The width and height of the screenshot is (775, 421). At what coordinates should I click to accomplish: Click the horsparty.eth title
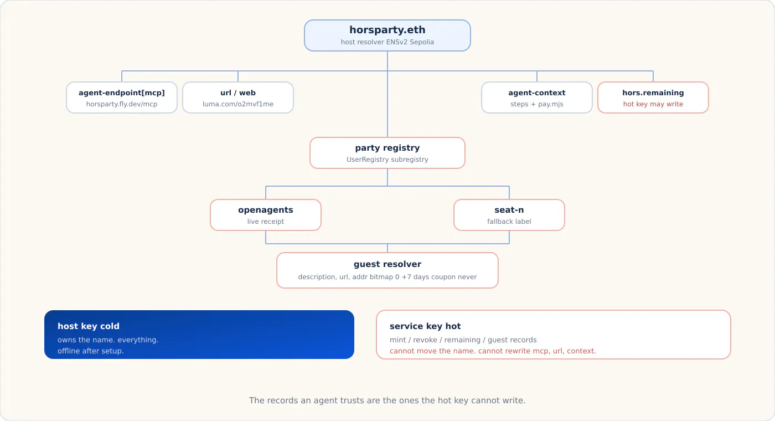(x=387, y=30)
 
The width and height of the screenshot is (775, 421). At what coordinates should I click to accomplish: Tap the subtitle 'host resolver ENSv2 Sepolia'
(x=387, y=42)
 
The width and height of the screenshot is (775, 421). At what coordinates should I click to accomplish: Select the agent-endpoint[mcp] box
(x=122, y=97)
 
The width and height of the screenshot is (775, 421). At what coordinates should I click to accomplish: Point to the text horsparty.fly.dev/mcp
(x=122, y=104)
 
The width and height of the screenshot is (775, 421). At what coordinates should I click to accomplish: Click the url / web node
(x=238, y=97)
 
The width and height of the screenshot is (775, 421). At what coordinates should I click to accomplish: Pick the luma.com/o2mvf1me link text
(x=238, y=104)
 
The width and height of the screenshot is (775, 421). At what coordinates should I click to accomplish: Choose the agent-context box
(x=537, y=97)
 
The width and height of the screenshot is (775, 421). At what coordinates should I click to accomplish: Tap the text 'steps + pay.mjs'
(x=537, y=104)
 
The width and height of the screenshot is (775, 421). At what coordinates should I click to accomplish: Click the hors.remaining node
(x=653, y=97)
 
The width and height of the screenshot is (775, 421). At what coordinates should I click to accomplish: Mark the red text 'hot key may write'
(x=653, y=104)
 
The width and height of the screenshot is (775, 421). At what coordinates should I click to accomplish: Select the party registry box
(x=387, y=153)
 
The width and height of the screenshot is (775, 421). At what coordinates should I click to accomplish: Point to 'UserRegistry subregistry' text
(x=387, y=160)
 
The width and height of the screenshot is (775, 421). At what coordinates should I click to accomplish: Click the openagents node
(x=266, y=215)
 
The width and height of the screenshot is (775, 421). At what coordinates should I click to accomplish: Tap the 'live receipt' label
(x=266, y=221)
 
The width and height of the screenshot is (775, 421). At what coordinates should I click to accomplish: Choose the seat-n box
(x=509, y=215)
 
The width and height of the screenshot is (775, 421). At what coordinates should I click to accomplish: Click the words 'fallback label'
(x=509, y=221)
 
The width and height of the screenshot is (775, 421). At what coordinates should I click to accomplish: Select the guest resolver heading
(x=387, y=264)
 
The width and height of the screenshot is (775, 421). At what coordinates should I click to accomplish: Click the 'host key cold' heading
(x=89, y=326)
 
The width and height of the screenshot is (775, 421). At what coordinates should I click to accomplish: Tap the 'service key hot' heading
(x=425, y=326)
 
